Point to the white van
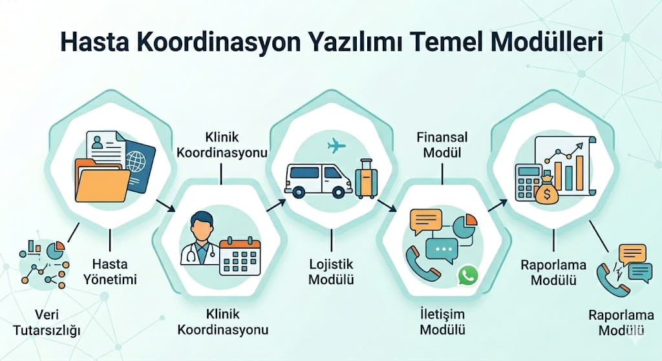[x=318, y=180]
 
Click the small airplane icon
[x=337, y=146]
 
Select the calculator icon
[x=528, y=181]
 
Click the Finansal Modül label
[x=442, y=145]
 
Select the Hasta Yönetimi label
[x=110, y=272]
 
